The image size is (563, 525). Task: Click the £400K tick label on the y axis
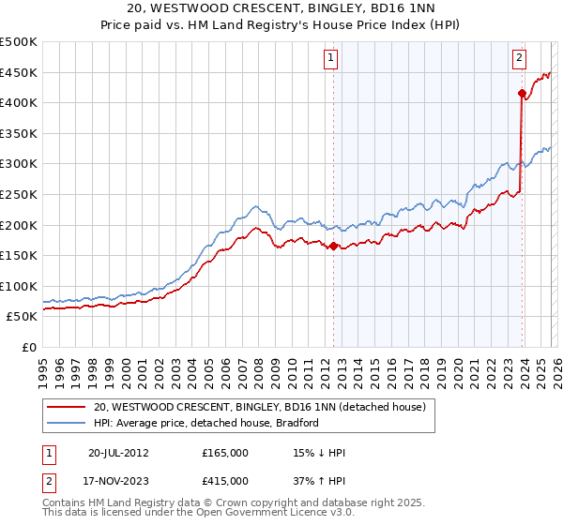tap(19, 102)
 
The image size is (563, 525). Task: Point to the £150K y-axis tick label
tap(19, 255)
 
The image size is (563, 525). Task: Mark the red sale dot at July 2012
tap(333, 246)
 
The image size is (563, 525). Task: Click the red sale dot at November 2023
tap(522, 93)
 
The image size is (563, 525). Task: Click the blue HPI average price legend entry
tap(206, 423)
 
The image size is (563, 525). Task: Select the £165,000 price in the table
tap(225, 453)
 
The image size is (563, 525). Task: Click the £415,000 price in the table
tap(225, 481)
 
